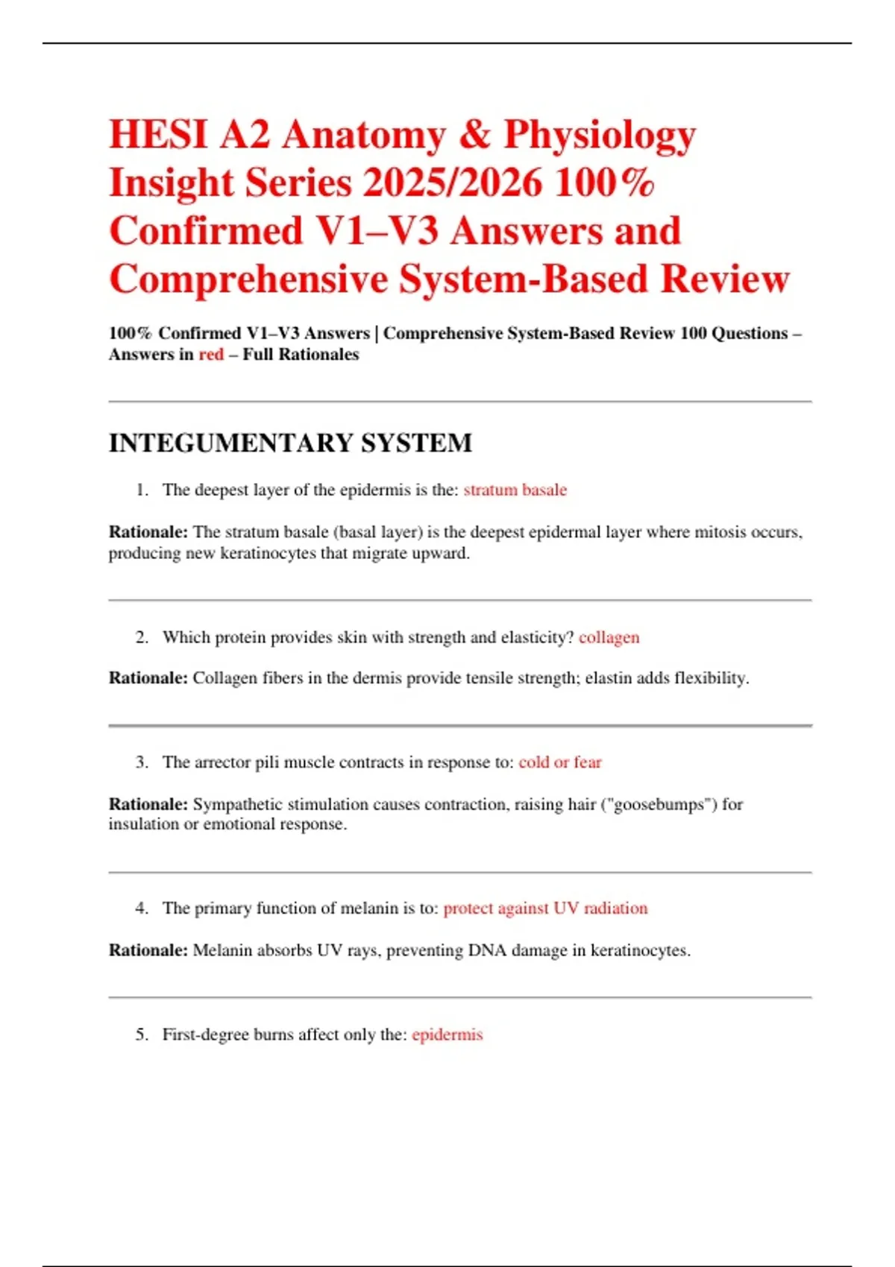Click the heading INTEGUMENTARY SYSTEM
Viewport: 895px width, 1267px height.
tap(290, 443)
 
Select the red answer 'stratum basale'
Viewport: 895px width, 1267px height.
tap(515, 490)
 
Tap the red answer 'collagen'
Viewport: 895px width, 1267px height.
tap(609, 637)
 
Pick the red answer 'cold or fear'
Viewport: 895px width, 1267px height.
tap(559, 762)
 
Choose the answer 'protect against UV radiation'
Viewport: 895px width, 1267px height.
tap(545, 908)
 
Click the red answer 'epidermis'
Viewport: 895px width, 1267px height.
tap(447, 1034)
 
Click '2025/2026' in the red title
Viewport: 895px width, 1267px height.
tap(453, 183)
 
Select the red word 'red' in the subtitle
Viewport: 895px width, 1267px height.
tap(211, 355)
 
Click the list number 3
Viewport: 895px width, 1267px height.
tap(141, 762)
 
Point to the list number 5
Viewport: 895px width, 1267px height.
tap(141, 1034)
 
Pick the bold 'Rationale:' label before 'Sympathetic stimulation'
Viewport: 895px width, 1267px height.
tap(148, 804)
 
